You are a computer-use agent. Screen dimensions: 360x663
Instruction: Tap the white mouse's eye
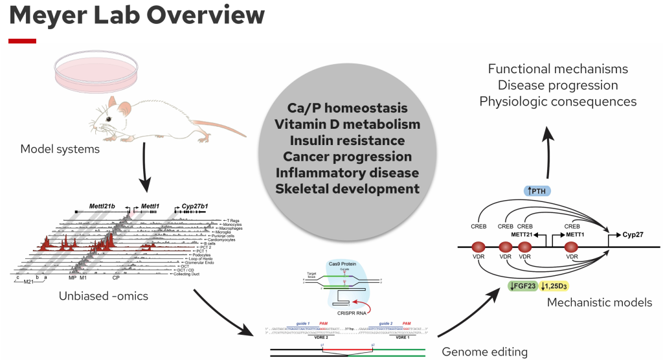tap(111, 118)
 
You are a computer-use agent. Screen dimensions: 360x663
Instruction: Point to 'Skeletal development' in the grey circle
tap(348, 189)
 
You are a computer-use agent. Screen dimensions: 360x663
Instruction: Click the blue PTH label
tap(537, 190)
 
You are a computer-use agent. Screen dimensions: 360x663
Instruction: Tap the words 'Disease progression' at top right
tap(557, 85)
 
